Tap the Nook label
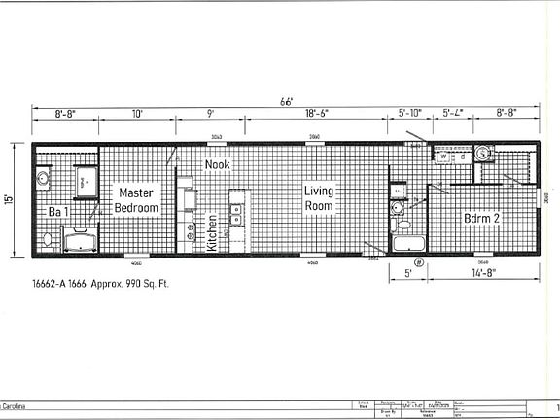pyautogui.click(x=217, y=165)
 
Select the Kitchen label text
pyautogui.click(x=213, y=234)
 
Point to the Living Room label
pyautogui.click(x=319, y=198)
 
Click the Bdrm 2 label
pyautogui.click(x=481, y=219)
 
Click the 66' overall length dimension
pyautogui.click(x=287, y=102)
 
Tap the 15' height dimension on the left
pyautogui.click(x=10, y=199)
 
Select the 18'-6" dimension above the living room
pyautogui.click(x=317, y=114)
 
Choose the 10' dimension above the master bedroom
pyautogui.click(x=137, y=114)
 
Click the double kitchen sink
pyautogui.click(x=236, y=214)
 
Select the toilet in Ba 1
pyautogui.click(x=47, y=238)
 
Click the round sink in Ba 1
pyautogui.click(x=43, y=178)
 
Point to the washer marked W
pyautogui.click(x=442, y=156)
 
